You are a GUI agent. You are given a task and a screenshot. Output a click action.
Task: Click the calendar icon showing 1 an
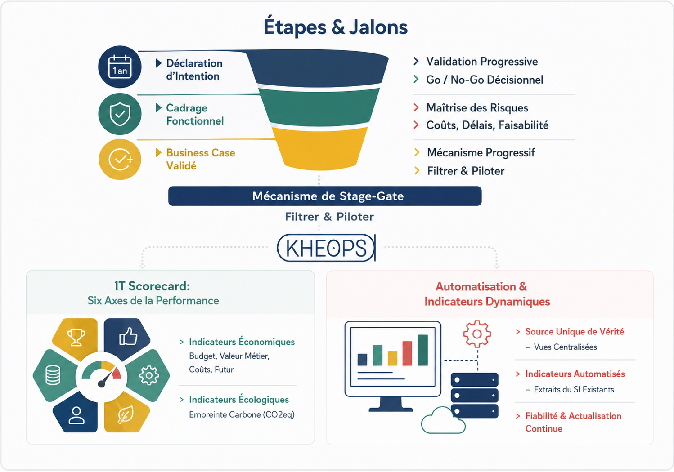120,67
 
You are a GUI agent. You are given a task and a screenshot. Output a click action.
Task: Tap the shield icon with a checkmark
120,114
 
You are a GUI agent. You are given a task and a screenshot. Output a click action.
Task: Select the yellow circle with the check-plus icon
120,159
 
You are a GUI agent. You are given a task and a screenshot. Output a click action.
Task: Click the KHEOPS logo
326,248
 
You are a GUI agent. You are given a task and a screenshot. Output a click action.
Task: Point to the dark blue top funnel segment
319,67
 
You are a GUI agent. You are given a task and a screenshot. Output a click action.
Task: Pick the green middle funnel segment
319,107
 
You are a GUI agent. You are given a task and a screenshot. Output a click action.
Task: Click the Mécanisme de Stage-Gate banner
325,196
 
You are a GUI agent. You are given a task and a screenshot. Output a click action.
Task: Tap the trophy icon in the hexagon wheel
76,337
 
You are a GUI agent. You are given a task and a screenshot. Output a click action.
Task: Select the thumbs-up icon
128,336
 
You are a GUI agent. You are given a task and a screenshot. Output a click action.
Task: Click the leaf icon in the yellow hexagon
126,414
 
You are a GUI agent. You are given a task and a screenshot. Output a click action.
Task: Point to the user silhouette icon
76,415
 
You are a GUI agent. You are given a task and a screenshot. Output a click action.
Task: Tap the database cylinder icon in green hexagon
53,375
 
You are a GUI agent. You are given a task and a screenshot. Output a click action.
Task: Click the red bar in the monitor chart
407,353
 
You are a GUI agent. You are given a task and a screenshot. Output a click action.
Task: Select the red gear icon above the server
477,334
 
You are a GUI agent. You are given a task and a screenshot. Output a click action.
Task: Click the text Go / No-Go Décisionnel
485,80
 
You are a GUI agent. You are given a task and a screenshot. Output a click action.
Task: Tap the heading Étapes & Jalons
336,27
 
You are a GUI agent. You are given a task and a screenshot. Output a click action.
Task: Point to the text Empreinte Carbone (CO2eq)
242,414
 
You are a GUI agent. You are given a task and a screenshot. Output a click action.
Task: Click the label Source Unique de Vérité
575,331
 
